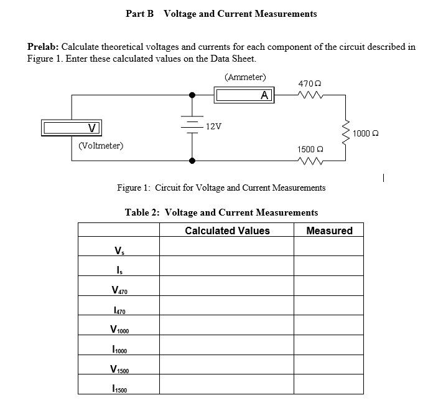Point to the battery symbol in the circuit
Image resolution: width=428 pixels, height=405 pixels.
(x=192, y=126)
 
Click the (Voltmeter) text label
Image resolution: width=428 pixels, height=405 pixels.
(x=101, y=146)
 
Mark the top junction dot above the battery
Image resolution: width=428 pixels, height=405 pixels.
(x=192, y=95)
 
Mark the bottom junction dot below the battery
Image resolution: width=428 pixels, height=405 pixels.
(x=192, y=161)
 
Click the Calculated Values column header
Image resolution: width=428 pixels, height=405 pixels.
(x=227, y=231)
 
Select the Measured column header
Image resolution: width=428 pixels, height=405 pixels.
(x=329, y=231)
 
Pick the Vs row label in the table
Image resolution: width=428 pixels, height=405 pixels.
(x=119, y=250)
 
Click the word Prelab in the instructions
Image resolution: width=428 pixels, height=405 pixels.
(x=42, y=47)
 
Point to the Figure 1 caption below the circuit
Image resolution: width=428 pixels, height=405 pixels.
(x=221, y=188)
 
